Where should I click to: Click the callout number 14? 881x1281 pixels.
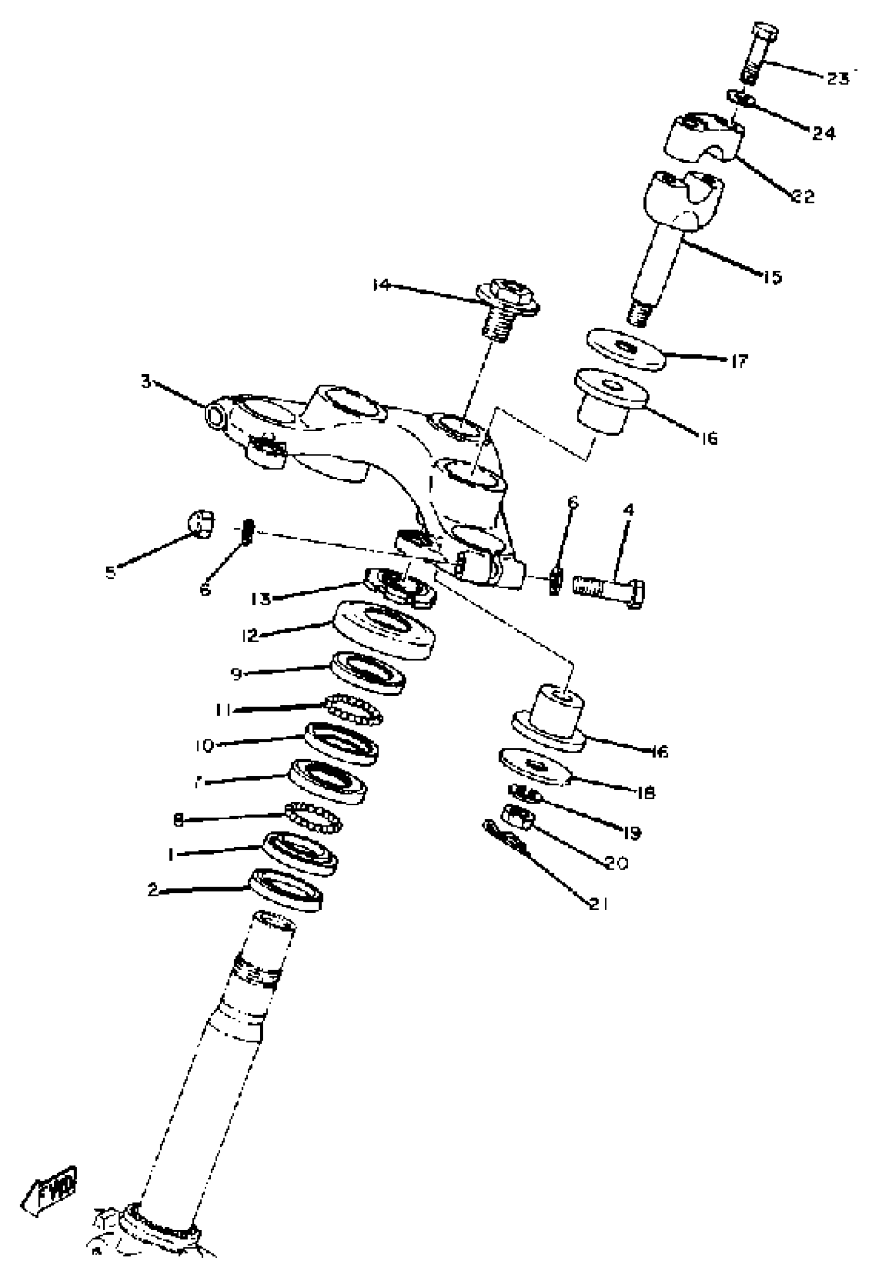click(381, 285)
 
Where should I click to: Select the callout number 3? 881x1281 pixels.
click(146, 381)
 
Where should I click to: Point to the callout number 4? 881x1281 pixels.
click(628, 509)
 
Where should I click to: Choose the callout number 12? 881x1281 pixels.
click(251, 636)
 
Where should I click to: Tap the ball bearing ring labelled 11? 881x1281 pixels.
click(353, 709)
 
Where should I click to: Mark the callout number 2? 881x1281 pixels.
click(153, 890)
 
